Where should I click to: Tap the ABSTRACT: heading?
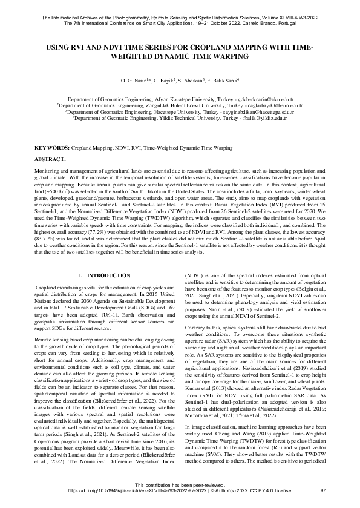click(x=51, y=158)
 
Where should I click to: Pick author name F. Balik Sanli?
click(x=220, y=80)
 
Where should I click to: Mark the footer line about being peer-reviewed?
click(x=180, y=501)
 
